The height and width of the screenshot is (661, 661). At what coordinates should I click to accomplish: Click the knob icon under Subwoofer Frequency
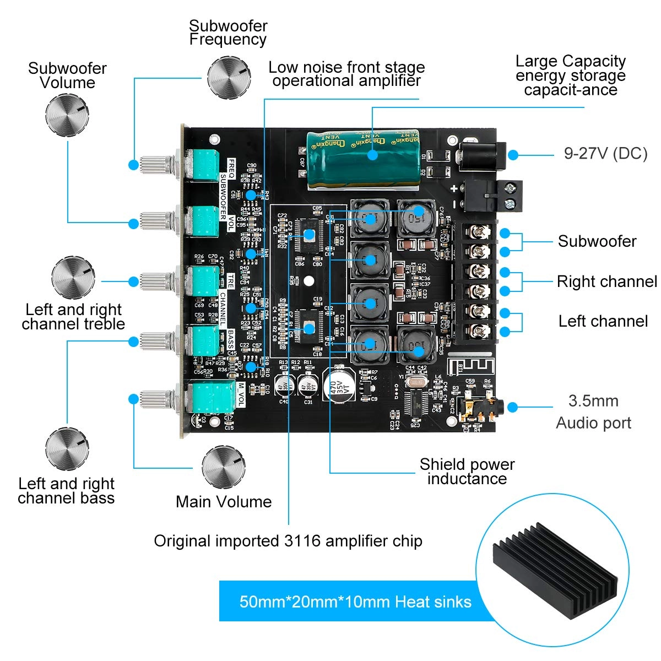click(x=229, y=77)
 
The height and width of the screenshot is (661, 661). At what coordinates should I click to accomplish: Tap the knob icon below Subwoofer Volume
click(x=67, y=115)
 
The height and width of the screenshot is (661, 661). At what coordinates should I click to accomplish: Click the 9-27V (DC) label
click(x=605, y=153)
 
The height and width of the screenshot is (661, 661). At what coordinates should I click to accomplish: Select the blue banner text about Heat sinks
click(x=355, y=602)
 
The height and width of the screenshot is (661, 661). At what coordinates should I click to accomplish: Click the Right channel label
click(x=606, y=281)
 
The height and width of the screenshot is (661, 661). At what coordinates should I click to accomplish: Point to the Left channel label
click(x=603, y=321)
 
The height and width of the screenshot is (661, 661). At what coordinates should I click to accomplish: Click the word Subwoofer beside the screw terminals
click(x=597, y=241)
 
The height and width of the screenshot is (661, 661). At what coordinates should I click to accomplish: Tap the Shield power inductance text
click(x=467, y=472)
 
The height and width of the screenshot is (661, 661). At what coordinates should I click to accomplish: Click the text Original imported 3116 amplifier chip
click(x=288, y=541)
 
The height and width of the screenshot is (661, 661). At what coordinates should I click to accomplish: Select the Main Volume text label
click(x=224, y=502)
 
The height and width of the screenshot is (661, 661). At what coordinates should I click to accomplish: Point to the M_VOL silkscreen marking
click(x=241, y=393)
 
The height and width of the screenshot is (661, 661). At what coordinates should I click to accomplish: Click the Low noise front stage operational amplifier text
click(x=346, y=74)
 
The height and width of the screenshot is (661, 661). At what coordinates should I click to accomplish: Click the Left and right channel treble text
click(x=73, y=317)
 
